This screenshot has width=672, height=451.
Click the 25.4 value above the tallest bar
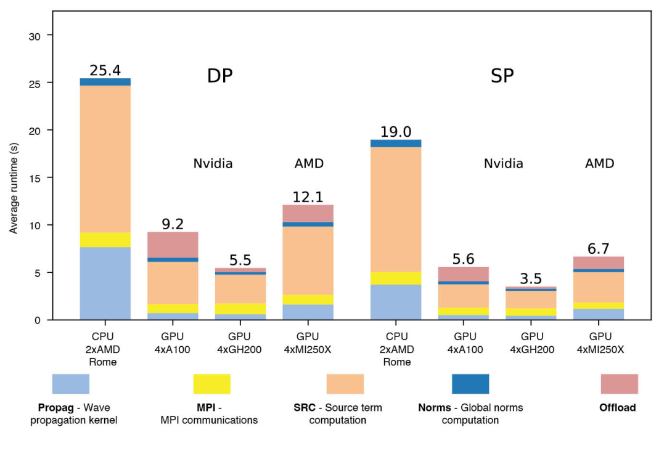pos(105,70)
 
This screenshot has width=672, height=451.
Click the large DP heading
pos(219,76)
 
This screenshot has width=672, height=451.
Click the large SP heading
pos(502,76)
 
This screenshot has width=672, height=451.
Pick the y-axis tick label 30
pos(35,36)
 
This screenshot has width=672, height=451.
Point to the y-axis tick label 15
pos(35,178)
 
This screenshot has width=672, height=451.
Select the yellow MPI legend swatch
pos(211,384)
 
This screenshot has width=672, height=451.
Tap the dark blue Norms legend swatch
pos(470,384)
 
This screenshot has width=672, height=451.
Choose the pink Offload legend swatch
pos(619,384)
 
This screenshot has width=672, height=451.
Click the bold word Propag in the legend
pos(55,408)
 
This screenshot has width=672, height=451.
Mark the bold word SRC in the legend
pos(305,408)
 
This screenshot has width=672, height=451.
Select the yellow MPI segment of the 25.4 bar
pos(105,240)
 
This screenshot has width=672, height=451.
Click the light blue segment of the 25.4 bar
pos(105,283)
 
